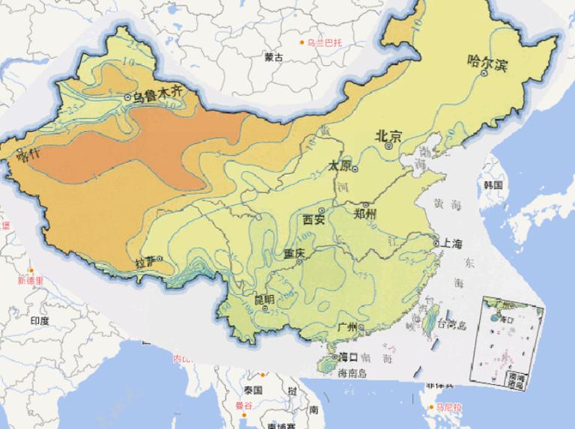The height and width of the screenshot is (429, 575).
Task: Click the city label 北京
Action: click(x=389, y=136)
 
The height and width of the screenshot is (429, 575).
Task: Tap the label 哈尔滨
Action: click(x=487, y=64)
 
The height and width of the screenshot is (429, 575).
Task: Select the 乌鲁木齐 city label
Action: click(x=157, y=96)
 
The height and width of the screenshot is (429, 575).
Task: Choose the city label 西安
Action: click(x=313, y=220)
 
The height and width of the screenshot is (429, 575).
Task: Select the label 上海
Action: click(x=452, y=243)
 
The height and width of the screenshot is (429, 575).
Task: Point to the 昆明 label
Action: click(x=263, y=299)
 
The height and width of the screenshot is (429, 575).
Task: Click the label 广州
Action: click(x=348, y=327)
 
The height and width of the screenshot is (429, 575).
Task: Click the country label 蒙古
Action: click(x=274, y=57)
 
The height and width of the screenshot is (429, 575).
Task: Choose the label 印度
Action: click(x=40, y=320)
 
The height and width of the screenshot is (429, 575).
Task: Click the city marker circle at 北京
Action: click(x=389, y=147)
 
